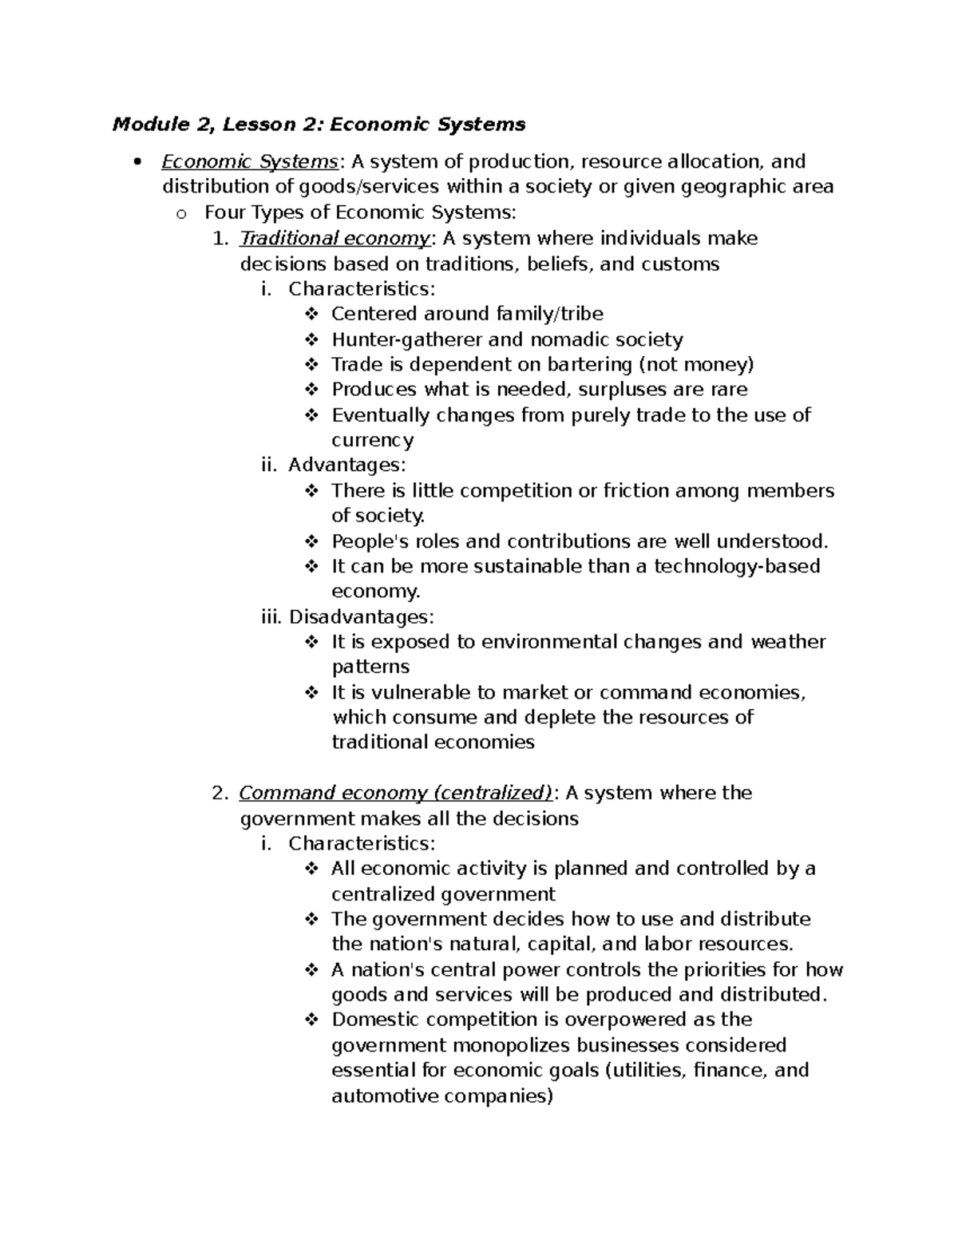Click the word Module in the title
tap(141, 125)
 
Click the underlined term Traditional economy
tap(335, 239)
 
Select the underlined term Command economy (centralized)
tap(395, 793)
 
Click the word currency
tap(372, 440)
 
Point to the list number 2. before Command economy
tap(220, 794)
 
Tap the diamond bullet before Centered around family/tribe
tap(311, 314)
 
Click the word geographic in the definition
tap(743, 187)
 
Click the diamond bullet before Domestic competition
tap(311, 1020)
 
